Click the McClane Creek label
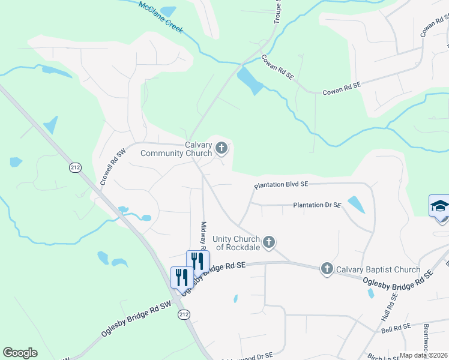tap(160, 16)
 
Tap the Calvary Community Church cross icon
tap(221, 148)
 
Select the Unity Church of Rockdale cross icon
tap(269, 242)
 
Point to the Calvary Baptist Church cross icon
tap(327, 269)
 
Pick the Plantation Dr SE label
tap(317, 205)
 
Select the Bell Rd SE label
tap(395, 327)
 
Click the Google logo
tap(20, 353)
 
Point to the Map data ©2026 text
tap(423, 355)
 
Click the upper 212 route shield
tap(75, 167)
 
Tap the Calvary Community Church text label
tap(176, 149)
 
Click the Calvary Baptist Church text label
tap(378, 269)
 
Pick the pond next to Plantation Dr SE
tap(356, 204)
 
